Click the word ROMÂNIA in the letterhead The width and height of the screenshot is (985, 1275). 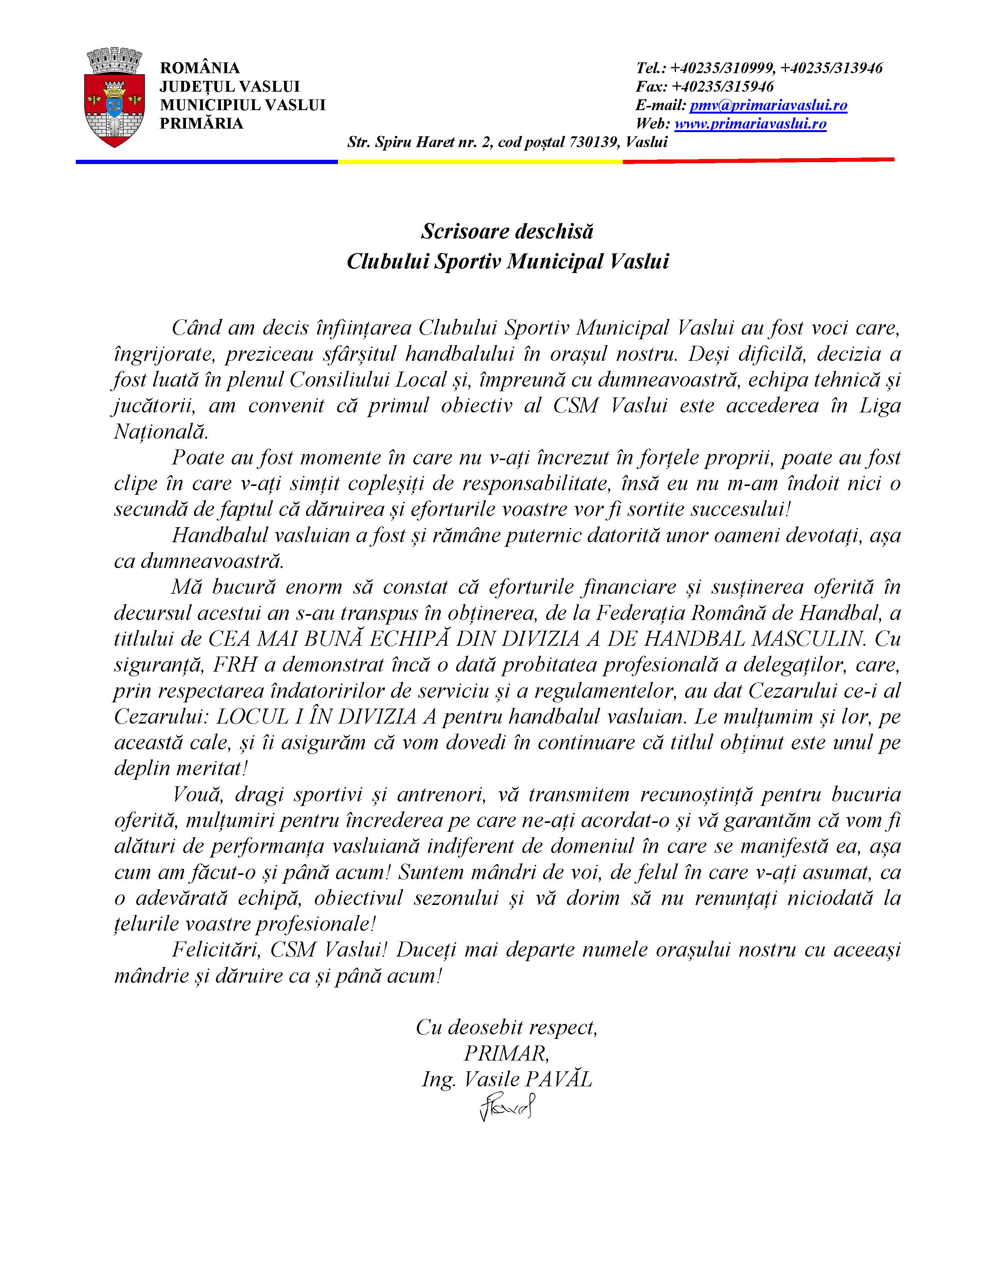point(199,68)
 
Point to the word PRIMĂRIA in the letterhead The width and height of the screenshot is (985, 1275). point(201,124)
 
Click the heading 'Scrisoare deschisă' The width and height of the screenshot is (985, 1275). point(507,232)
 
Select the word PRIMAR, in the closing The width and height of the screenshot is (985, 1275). point(507,1053)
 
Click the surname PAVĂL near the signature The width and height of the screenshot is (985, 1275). point(559,1079)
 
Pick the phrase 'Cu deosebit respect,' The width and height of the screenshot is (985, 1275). point(507,1027)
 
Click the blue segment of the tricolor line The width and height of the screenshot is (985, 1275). point(207,162)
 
